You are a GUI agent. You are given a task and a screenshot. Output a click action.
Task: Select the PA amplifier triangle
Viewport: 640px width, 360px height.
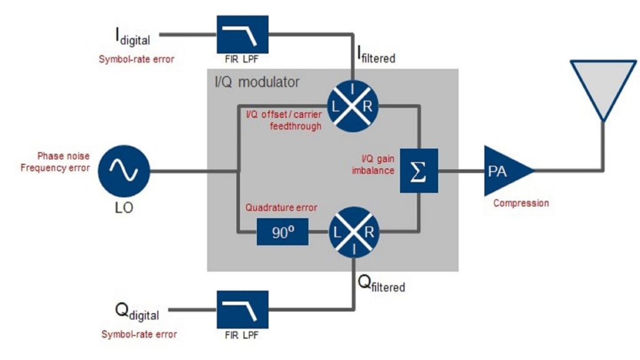[x=504, y=171]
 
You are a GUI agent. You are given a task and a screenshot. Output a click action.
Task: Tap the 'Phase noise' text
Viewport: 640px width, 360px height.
[x=63, y=156]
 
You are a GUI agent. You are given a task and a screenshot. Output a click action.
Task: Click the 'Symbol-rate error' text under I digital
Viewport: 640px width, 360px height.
[x=136, y=59]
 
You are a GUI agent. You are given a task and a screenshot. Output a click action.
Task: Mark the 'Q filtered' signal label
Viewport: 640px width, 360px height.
[x=381, y=285]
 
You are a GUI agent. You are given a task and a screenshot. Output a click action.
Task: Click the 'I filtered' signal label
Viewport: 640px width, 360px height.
[x=376, y=57]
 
